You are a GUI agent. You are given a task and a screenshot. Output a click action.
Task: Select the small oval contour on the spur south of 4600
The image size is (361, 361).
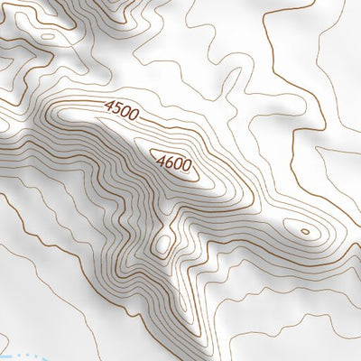(x=162, y=244)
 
